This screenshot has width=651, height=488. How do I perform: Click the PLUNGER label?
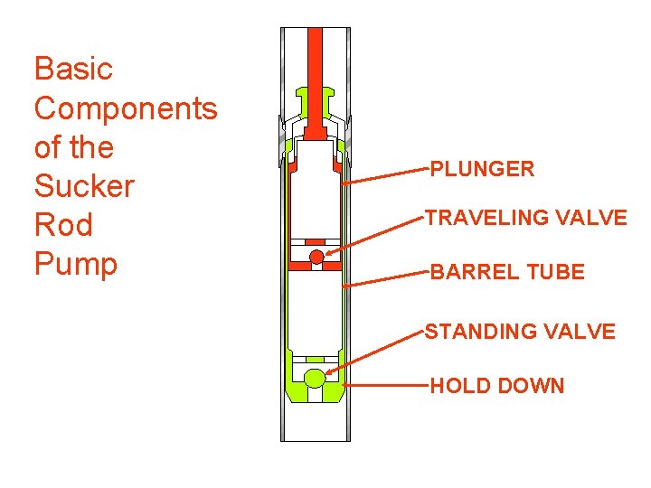482,169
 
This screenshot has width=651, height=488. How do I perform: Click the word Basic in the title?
73,69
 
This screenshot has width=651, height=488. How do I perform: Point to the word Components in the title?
126,108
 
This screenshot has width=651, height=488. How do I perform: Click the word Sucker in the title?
83,186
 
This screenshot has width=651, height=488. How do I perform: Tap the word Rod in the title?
63,225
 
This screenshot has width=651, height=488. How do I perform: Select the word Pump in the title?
76,264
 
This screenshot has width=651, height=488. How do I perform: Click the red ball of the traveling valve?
316,258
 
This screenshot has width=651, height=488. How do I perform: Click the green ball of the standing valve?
315,378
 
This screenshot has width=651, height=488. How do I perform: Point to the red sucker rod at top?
315,63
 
